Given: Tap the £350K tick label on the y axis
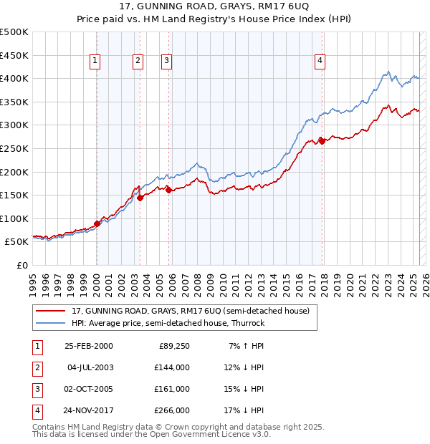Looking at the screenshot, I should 14,102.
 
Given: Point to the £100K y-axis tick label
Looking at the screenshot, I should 14,218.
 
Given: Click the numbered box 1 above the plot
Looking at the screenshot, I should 95,62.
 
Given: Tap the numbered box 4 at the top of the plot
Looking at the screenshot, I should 320,62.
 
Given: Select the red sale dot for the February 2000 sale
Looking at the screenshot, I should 97,223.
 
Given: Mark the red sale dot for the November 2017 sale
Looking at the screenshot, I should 322,141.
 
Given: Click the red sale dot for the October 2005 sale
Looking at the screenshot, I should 168,190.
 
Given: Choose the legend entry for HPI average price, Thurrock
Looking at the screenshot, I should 168,323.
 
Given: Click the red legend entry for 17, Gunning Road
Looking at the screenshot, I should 190,311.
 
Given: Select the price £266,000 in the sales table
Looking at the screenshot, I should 173,410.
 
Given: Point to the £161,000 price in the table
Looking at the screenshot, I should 173,389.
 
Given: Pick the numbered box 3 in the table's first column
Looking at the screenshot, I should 37,389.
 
